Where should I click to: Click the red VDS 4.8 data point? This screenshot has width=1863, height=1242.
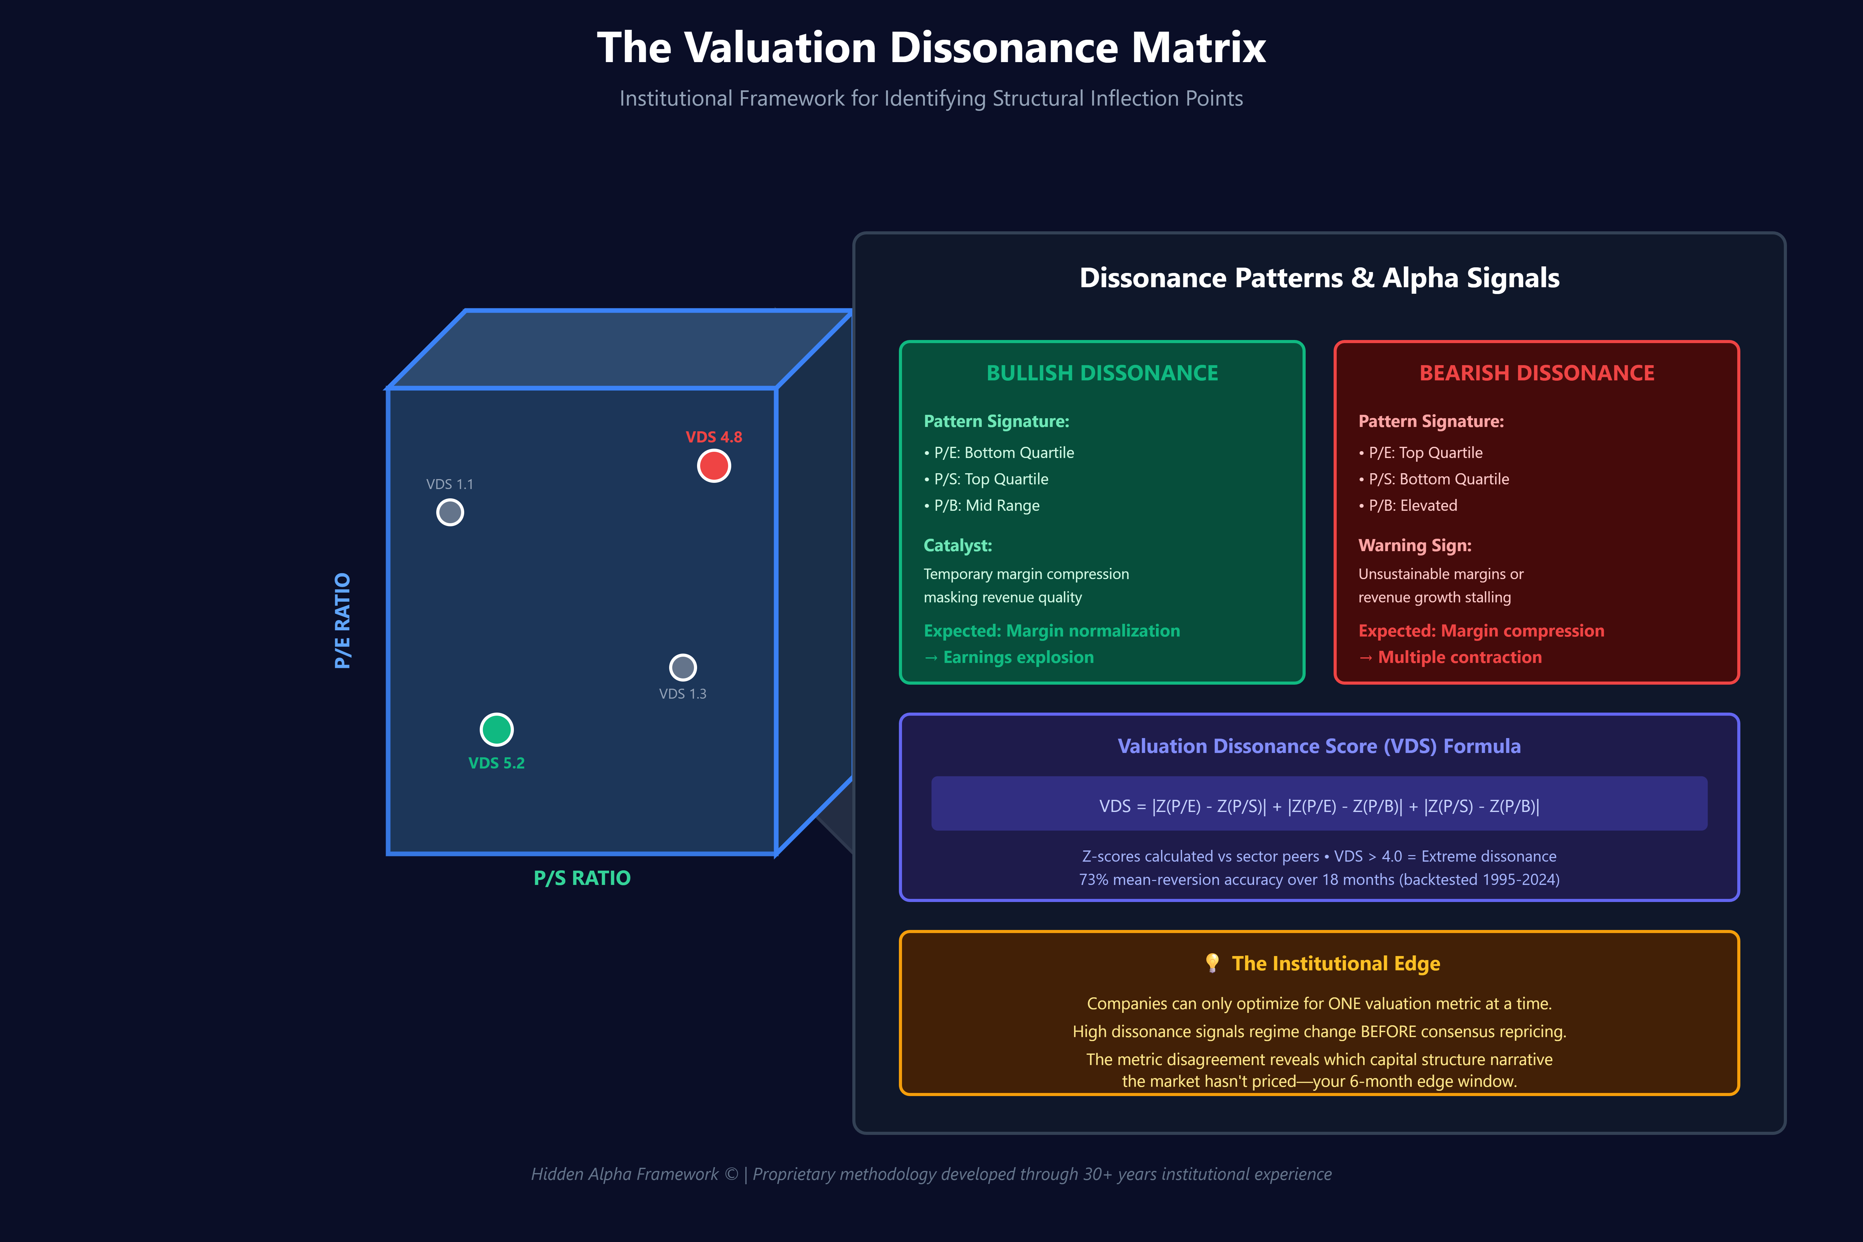click(714, 466)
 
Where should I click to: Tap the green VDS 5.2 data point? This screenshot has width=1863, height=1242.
click(496, 729)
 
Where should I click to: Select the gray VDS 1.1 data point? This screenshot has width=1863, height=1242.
click(450, 513)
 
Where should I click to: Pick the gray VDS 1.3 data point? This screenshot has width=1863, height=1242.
click(683, 668)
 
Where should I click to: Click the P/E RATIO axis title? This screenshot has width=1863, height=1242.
click(342, 621)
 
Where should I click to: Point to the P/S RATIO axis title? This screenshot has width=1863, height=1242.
click(582, 878)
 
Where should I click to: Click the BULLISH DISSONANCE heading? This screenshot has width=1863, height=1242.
click(1102, 373)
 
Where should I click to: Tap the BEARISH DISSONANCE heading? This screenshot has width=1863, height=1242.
click(1537, 373)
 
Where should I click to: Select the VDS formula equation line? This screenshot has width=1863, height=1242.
click(1319, 806)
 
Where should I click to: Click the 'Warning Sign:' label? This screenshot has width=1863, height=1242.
click(1415, 546)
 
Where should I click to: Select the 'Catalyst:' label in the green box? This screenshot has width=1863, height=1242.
click(958, 546)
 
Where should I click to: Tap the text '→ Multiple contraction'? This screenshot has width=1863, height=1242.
click(1450, 657)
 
